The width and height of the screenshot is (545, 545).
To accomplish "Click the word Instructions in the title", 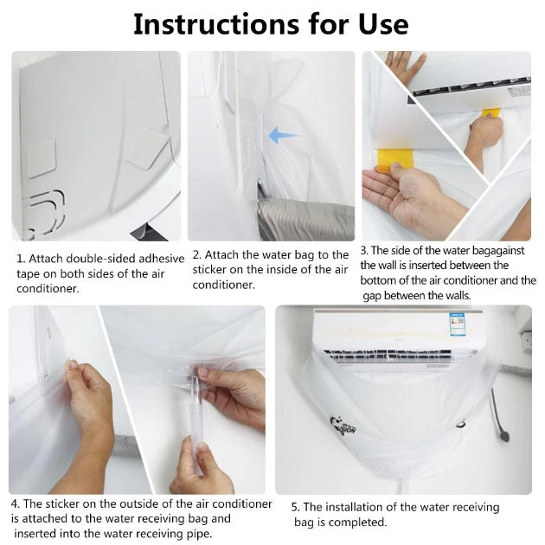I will coord(224,24).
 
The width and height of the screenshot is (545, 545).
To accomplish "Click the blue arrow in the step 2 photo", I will coord(283,135).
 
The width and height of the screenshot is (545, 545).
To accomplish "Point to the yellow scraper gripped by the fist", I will coord(490,113).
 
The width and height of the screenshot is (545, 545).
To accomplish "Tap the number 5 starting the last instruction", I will coord(294,507).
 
